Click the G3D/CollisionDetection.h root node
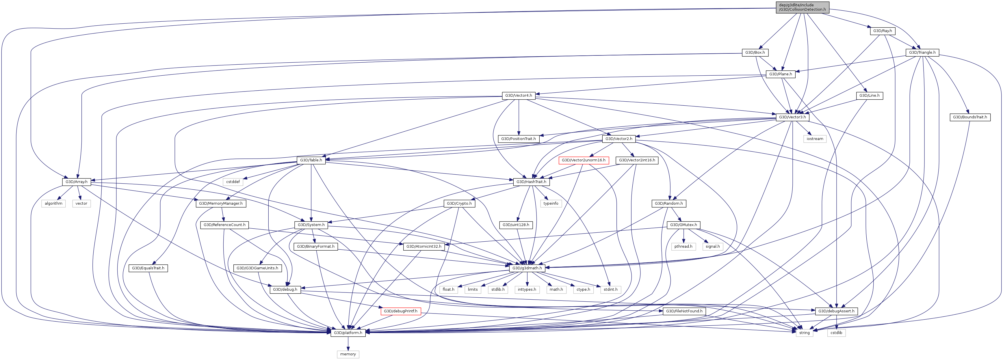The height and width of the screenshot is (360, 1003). coord(802,8)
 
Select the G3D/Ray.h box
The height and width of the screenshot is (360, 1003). coord(882,31)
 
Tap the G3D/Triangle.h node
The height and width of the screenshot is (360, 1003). coord(922,53)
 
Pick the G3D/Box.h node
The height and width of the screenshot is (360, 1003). coord(755,53)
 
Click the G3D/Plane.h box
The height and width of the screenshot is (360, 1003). coord(780,74)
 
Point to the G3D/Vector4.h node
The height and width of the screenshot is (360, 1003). coord(518,95)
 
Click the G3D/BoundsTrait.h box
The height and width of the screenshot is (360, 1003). coord(969,117)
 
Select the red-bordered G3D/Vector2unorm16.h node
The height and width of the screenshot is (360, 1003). coord(583,160)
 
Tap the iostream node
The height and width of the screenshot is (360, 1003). coord(815,139)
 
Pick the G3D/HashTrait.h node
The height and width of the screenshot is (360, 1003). coord(531,182)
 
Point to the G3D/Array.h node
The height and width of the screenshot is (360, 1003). coord(76,182)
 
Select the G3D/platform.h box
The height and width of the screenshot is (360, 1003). coord(348,333)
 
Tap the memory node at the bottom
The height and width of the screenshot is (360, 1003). coord(348,354)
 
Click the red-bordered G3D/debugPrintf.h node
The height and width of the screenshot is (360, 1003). coord(400,311)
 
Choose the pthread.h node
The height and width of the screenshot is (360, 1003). coord(683,246)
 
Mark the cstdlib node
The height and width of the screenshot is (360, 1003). coord(836,333)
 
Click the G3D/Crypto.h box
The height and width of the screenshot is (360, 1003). coord(459,204)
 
